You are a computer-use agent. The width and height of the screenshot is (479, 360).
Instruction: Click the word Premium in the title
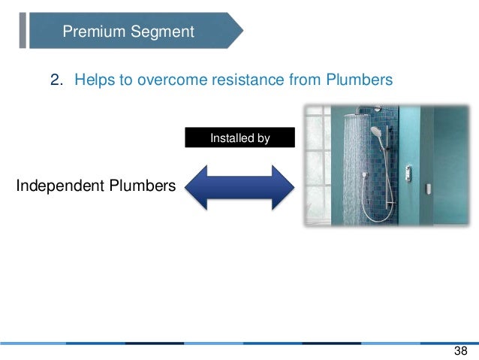[91, 32]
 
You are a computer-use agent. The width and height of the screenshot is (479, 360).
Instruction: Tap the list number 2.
[56, 80]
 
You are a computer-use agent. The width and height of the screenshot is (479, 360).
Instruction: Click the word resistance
[249, 80]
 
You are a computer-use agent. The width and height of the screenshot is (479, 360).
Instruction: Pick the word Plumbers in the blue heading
[359, 80]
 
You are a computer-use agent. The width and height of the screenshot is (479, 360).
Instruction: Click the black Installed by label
[239, 138]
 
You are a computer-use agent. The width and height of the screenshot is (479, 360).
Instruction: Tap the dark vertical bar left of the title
[23, 30]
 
